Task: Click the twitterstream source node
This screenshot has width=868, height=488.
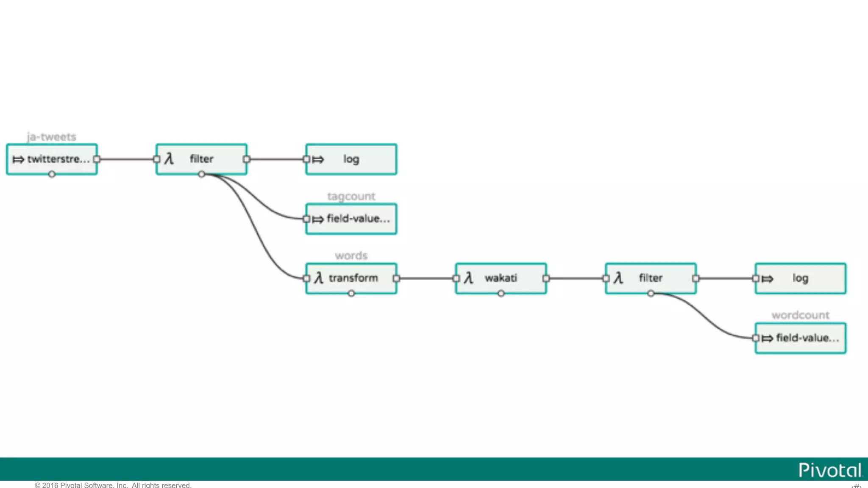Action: pyautogui.click(x=52, y=159)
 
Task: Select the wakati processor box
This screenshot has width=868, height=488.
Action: pyautogui.click(x=501, y=278)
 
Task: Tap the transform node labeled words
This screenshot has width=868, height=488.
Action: pyautogui.click(x=351, y=278)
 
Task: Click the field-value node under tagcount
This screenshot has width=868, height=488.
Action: pyautogui.click(x=351, y=219)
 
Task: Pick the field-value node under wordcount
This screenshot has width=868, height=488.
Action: pyautogui.click(x=801, y=338)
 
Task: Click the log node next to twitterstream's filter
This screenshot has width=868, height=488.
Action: pyautogui.click(x=351, y=159)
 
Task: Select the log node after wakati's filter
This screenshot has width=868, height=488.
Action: pyautogui.click(x=801, y=278)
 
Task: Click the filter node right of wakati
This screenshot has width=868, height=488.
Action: pyautogui.click(x=651, y=278)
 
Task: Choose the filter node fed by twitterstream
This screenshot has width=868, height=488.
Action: pyautogui.click(x=201, y=159)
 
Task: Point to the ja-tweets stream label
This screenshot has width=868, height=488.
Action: pyautogui.click(x=52, y=137)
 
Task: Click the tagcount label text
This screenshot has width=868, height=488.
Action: pyautogui.click(x=351, y=196)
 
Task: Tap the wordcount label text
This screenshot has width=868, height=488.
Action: pyautogui.click(x=800, y=315)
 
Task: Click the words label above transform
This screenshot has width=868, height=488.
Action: pyautogui.click(x=351, y=255)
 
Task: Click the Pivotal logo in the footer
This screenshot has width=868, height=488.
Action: pyautogui.click(x=829, y=470)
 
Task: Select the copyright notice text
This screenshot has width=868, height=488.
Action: pyautogui.click(x=113, y=485)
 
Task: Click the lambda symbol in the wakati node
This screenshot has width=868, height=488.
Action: pyautogui.click(x=468, y=278)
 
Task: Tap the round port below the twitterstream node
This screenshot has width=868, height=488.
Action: pyautogui.click(x=52, y=174)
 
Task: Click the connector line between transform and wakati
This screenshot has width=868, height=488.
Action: pyautogui.click(x=426, y=278)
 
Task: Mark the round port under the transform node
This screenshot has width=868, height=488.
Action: pyautogui.click(x=351, y=294)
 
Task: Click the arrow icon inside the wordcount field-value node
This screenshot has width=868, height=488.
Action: pyautogui.click(x=767, y=338)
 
